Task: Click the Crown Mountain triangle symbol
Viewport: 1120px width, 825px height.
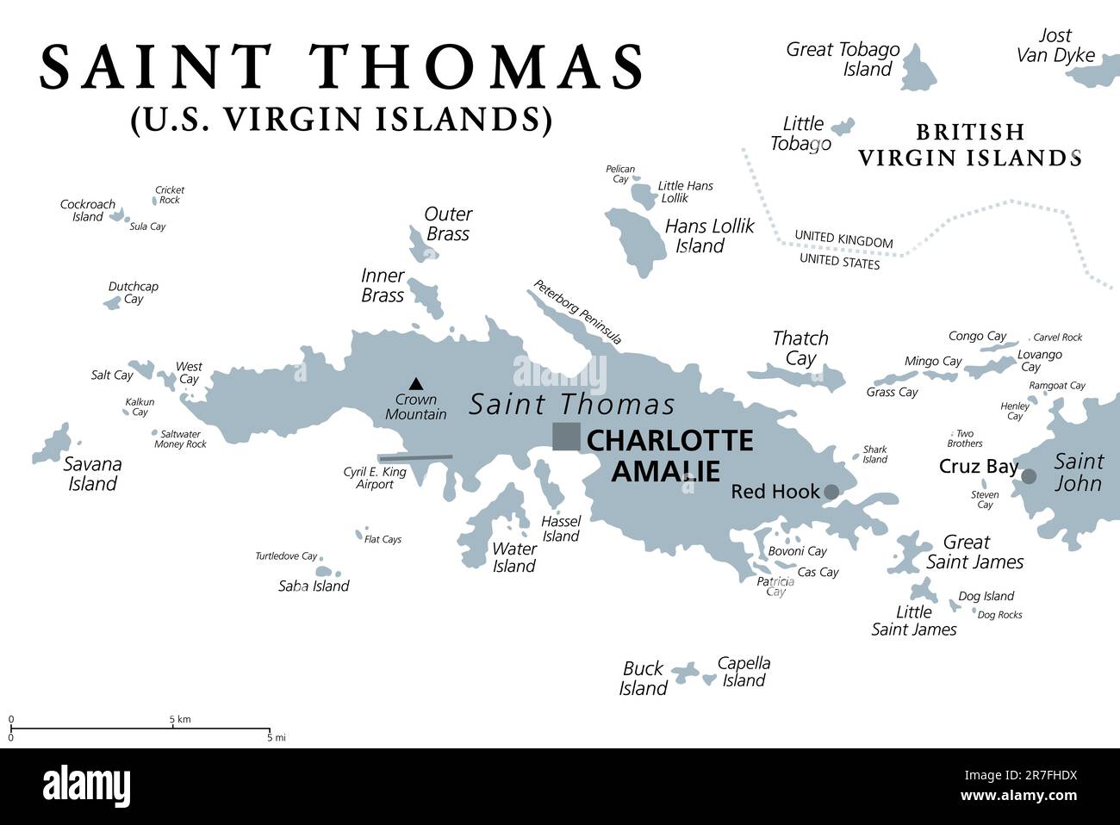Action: (x=416, y=383)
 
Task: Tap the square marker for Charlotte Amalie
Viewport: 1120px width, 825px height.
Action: (x=566, y=437)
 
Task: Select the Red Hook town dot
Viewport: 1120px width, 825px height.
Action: (x=831, y=492)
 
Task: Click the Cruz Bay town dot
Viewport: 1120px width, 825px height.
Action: (x=1028, y=476)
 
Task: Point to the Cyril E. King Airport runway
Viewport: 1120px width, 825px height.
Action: (x=415, y=457)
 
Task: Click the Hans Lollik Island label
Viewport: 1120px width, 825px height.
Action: (x=708, y=236)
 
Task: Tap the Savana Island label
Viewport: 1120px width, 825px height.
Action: (x=93, y=474)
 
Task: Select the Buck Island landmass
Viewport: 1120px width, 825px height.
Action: (x=685, y=673)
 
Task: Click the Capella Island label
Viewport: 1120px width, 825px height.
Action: (x=744, y=672)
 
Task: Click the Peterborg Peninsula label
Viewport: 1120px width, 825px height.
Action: (x=576, y=312)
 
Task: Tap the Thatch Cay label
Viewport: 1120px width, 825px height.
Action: (x=800, y=348)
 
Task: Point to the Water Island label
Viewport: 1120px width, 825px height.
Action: (x=514, y=557)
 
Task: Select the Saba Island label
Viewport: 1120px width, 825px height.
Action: (x=314, y=586)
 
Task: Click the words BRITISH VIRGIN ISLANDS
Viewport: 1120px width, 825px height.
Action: (x=969, y=145)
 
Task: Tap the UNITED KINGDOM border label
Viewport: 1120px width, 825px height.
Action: (x=843, y=239)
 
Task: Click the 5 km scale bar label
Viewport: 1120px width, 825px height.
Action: (x=179, y=718)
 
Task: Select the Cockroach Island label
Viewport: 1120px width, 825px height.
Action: (x=87, y=210)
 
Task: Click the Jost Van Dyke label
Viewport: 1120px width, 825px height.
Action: (x=1055, y=46)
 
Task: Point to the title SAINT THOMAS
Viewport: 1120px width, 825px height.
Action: (x=342, y=67)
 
